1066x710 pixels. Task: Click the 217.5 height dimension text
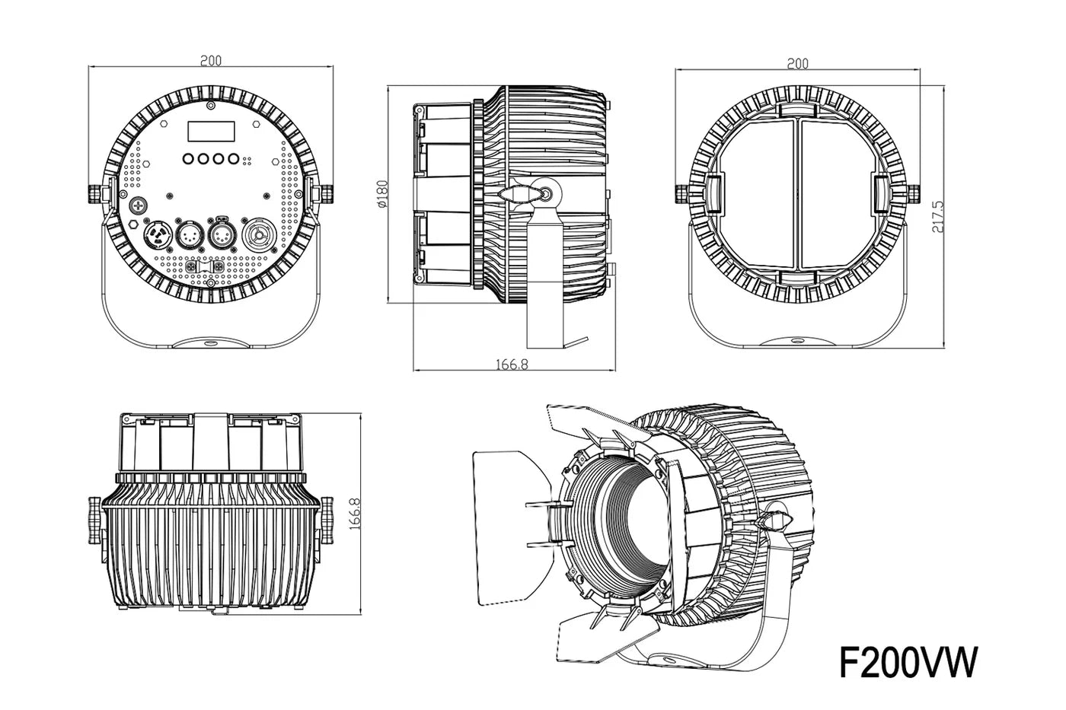pyautogui.click(x=939, y=216)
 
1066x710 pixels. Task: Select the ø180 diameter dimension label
pyautogui.click(x=383, y=194)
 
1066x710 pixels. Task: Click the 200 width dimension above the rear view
pyautogui.click(x=211, y=61)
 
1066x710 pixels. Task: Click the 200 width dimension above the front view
pyautogui.click(x=797, y=64)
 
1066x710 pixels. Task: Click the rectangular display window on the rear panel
pyautogui.click(x=212, y=132)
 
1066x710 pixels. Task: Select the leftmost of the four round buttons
pyautogui.click(x=187, y=160)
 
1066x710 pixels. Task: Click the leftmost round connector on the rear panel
pyautogui.click(x=158, y=231)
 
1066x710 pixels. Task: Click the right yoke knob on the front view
pyautogui.click(x=914, y=193)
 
